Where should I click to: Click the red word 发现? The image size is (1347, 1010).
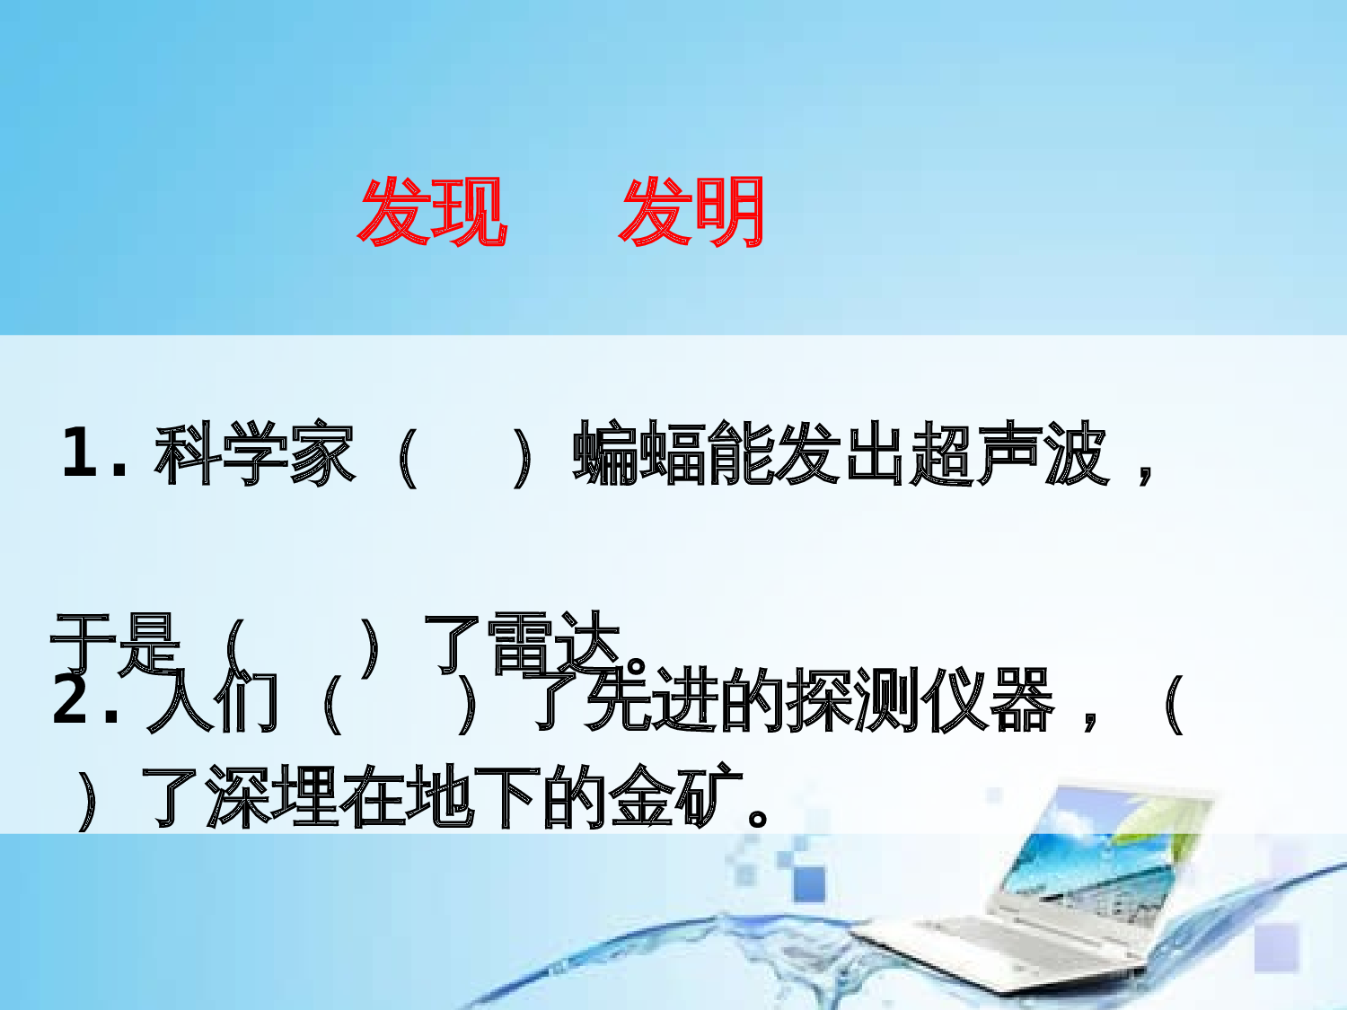(x=433, y=212)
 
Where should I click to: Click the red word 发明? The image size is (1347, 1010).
(x=692, y=212)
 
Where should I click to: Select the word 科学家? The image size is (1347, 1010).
(x=255, y=454)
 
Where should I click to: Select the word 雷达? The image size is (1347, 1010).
(x=553, y=643)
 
